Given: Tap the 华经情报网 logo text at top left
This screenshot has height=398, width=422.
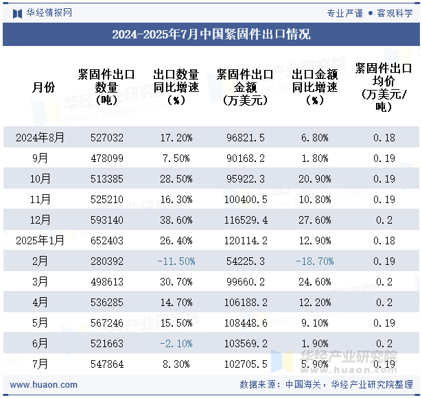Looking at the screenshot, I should (x=48, y=12).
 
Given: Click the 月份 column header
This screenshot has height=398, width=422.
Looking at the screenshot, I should (x=43, y=87).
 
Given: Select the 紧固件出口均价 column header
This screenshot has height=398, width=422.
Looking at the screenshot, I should (x=384, y=87).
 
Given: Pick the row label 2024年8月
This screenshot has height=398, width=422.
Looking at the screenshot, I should (x=40, y=137).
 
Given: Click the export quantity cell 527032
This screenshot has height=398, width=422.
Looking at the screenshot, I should (x=107, y=137).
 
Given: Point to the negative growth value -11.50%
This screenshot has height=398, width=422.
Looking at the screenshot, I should (x=176, y=261).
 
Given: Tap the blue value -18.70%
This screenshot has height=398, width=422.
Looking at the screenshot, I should (x=314, y=261).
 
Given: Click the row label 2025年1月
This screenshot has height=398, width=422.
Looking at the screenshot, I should (x=40, y=241).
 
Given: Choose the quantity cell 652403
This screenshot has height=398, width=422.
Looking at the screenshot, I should (x=107, y=241).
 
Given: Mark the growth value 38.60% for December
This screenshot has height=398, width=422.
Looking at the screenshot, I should (x=176, y=220).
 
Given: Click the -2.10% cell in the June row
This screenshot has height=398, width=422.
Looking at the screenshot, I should (x=176, y=344).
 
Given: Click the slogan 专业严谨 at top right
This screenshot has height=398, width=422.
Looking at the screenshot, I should (x=345, y=12).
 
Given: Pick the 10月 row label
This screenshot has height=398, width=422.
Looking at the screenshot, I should (x=40, y=179).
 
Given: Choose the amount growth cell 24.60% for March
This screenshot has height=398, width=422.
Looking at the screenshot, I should (x=314, y=282).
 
